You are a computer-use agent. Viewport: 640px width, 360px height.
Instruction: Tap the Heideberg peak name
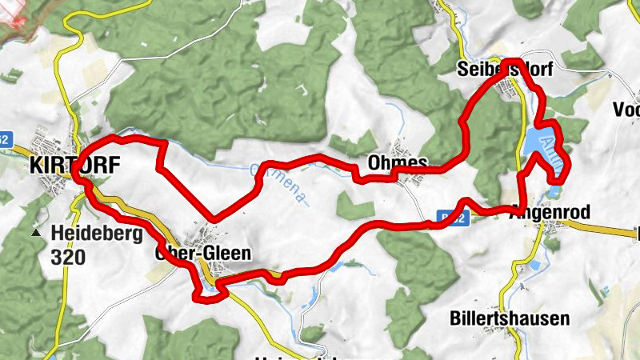[x=97, y=234]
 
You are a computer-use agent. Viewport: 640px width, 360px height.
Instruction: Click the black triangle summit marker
[x=36, y=234]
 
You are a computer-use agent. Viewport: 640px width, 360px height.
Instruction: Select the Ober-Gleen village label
[x=203, y=254]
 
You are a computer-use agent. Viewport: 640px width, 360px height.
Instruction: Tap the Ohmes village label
[x=398, y=162]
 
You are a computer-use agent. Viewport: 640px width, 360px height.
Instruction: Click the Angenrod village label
[x=550, y=213]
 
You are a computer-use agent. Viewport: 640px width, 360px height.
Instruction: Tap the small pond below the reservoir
[x=554, y=192]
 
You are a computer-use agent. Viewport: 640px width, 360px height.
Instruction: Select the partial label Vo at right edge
[x=626, y=110]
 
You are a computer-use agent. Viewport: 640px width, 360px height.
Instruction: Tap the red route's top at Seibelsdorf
[x=512, y=61]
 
